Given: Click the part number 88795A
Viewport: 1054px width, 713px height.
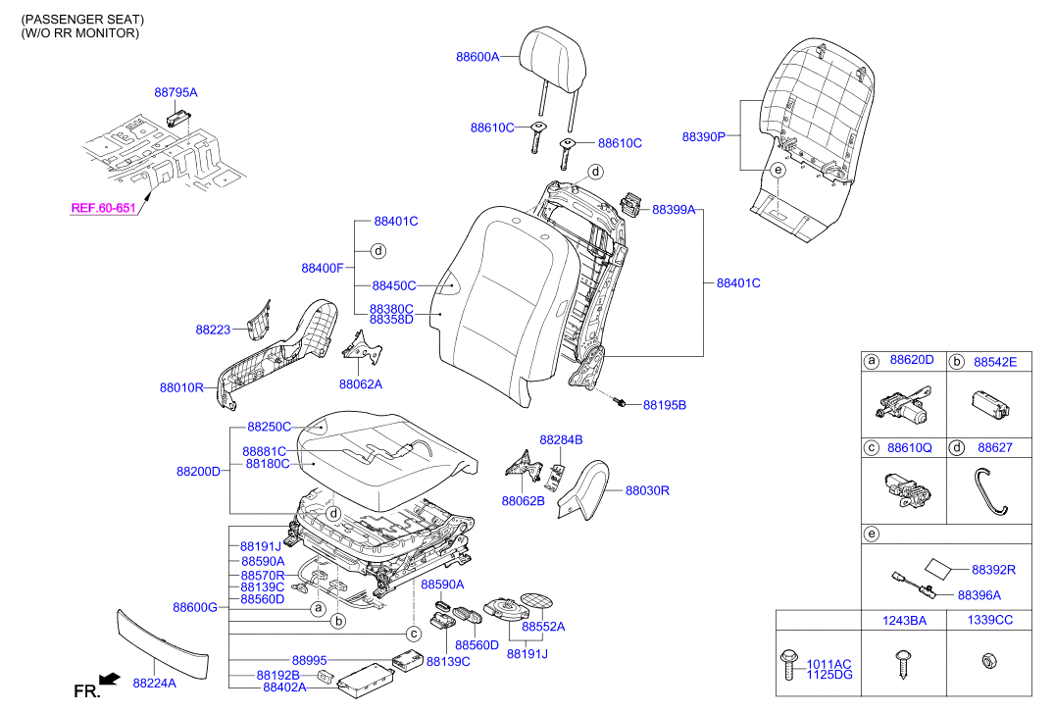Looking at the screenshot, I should pos(176,92).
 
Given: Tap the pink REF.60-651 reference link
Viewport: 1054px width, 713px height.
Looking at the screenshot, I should pos(103,208).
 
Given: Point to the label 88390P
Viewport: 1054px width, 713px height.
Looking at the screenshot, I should pos(703,137).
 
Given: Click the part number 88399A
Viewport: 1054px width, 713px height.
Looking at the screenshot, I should pos(674,210).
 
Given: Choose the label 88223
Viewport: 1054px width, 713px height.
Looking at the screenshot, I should pos(213,330).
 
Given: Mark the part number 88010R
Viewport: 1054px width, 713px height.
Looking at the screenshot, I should pos(181,387).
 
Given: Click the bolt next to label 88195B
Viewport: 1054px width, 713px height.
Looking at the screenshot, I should pos(620,402).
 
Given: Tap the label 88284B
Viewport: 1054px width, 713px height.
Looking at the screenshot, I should pos(561,439).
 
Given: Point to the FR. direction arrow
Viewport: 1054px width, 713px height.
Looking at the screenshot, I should pos(109,678).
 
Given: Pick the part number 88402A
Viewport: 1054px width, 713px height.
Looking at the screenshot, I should pos(284,688).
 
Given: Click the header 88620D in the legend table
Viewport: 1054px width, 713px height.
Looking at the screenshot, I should pos(912,362).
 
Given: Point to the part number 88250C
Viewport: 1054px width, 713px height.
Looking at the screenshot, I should pos(270,428).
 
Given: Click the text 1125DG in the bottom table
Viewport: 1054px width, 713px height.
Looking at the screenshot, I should pos(828,675).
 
